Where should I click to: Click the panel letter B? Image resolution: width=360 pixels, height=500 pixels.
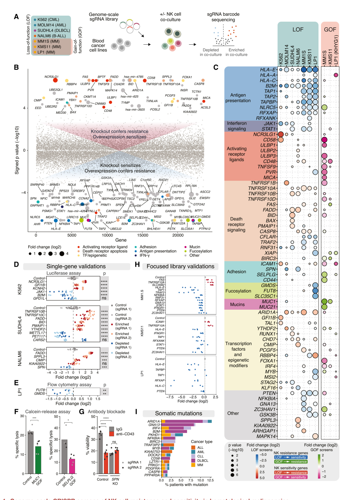click(x=16, y=67)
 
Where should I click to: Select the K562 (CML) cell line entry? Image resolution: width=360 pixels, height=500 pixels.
click(x=48, y=20)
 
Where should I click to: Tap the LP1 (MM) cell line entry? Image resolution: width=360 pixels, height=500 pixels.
click(x=46, y=52)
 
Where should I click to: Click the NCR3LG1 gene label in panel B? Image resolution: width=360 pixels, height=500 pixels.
click(x=51, y=77)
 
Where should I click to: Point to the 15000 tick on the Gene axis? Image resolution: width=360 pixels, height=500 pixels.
click(x=143, y=235)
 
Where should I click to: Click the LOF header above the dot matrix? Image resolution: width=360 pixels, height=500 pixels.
click(x=298, y=30)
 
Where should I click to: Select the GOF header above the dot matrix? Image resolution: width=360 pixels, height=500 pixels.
click(x=330, y=30)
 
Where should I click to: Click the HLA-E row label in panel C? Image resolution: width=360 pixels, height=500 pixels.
click(x=268, y=70)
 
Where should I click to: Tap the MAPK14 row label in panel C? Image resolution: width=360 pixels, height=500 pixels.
click(x=266, y=436)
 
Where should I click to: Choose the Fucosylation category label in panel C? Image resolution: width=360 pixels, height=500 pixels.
click(x=238, y=291)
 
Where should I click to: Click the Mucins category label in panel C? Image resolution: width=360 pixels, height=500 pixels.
click(x=237, y=304)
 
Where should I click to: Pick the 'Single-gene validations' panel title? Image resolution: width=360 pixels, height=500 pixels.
click(x=76, y=266)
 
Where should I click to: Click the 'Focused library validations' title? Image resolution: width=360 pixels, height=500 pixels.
click(x=180, y=266)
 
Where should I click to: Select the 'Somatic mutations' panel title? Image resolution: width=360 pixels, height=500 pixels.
click(x=178, y=413)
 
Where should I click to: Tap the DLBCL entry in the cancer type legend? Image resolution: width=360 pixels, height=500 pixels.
click(x=202, y=461)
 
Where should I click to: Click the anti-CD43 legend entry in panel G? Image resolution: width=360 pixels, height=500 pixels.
click(x=125, y=434)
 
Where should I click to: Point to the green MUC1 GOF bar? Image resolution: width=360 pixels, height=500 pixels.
click(x=38, y=460)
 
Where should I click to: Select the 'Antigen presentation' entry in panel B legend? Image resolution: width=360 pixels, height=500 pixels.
click(x=158, y=251)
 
